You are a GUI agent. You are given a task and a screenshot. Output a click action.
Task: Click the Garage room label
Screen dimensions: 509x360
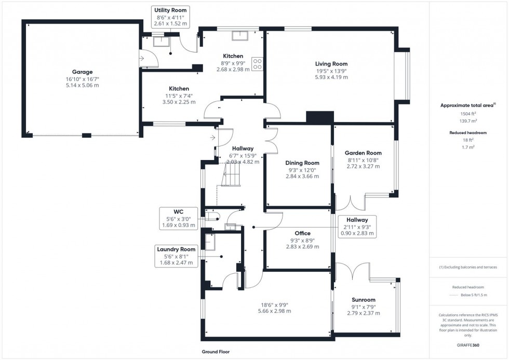[x=82, y=72]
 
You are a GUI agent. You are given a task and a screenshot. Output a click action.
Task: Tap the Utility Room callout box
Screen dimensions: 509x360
[x=170, y=17]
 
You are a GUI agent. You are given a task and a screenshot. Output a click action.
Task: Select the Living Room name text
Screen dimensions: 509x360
[x=331, y=64]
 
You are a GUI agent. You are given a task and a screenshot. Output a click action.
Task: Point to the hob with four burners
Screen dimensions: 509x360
[x=257, y=64]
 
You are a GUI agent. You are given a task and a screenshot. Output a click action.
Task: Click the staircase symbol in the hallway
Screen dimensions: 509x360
[x=231, y=175]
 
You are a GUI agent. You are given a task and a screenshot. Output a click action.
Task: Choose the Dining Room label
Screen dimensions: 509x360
[x=302, y=163]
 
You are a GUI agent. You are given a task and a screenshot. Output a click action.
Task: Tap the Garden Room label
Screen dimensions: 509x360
[x=363, y=153]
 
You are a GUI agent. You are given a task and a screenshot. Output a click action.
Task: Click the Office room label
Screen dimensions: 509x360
[x=302, y=233]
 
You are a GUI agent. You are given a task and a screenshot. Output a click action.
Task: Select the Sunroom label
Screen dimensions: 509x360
[x=363, y=300]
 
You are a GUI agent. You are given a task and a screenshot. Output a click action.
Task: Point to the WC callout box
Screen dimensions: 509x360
[x=179, y=219]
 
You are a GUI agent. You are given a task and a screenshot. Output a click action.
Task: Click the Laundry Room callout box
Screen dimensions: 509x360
[x=176, y=256]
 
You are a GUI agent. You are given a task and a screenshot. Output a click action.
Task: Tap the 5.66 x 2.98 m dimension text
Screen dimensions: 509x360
[x=274, y=311]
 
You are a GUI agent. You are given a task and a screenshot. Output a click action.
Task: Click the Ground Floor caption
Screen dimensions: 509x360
[x=216, y=352]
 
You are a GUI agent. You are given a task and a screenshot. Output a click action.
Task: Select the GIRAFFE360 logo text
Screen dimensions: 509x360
[x=468, y=345]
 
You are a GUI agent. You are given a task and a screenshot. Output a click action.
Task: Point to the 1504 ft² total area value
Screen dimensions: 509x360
[x=468, y=114]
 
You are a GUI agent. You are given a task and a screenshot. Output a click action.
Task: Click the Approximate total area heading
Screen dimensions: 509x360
[x=468, y=105]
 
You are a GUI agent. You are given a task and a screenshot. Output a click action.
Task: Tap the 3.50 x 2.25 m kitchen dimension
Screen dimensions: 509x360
[x=179, y=102]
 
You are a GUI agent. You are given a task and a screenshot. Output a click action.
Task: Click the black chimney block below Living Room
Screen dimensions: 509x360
[x=320, y=117]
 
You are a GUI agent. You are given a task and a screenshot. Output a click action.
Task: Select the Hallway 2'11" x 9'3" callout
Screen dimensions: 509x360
[x=357, y=226]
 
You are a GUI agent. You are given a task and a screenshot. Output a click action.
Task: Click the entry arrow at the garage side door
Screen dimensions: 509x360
[x=142, y=58]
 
